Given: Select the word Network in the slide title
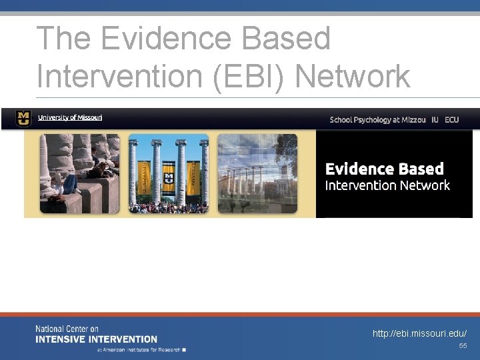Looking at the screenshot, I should point(352,77).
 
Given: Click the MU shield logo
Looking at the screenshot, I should point(23,118).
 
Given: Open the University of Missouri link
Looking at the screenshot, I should point(70,118).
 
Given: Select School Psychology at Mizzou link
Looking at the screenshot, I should point(377,120).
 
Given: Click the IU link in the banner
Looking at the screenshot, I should point(435,120).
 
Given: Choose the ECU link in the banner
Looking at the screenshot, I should point(452,120).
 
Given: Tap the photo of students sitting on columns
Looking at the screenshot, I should point(79,173).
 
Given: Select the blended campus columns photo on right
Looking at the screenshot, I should point(257,173).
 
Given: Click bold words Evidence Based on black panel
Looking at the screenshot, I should point(384,169).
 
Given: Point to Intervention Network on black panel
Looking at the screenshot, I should point(387,185).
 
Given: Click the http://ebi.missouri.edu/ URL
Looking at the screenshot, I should point(419,333).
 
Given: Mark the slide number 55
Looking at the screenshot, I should point(463,346).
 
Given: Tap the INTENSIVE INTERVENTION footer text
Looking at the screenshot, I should point(96,339).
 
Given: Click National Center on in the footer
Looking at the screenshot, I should point(67,329).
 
